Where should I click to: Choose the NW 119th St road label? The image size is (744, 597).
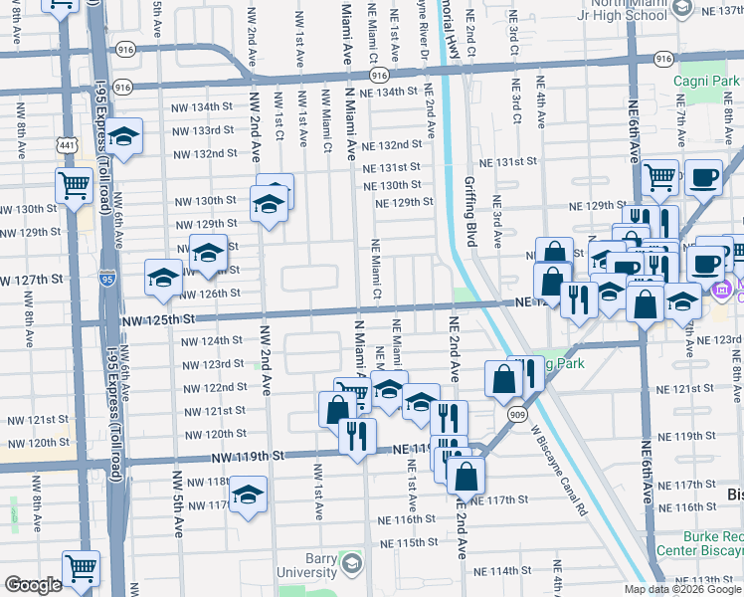pos(248,455)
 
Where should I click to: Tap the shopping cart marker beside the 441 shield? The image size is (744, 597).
pos(75,184)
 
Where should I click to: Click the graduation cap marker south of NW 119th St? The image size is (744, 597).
pos(248,494)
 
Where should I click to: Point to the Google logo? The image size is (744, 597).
pos(33,585)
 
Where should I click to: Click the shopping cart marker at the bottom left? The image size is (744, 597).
pos(82,568)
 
